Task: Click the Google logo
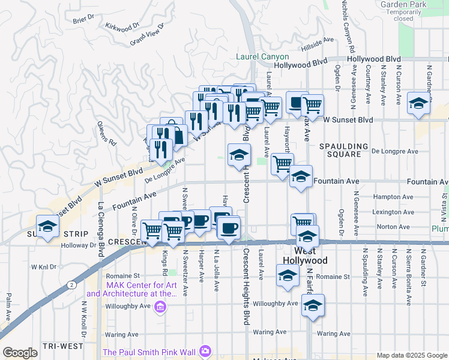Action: pyautogui.click(x=20, y=353)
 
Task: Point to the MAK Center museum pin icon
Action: pyautogui.click(x=160, y=308)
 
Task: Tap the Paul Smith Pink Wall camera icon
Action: pyautogui.click(x=205, y=350)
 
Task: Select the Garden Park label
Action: pyautogui.click(x=403, y=4)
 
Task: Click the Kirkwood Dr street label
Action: pyautogui.click(x=122, y=26)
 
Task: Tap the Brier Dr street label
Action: pyautogui.click(x=80, y=20)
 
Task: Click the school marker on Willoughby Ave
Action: pyautogui.click(x=313, y=306)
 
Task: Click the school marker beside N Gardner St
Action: pyautogui.click(x=418, y=103)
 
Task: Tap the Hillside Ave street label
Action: pyautogui.click(x=318, y=41)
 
